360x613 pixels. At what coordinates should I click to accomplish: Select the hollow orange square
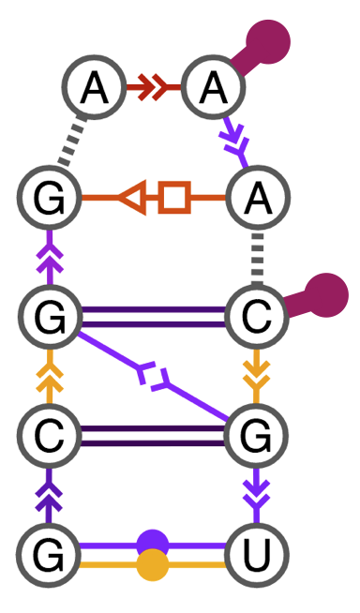tap(174, 200)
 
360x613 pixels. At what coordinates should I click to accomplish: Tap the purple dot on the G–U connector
tap(153, 544)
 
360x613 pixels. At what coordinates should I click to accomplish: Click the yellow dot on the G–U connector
tap(153, 566)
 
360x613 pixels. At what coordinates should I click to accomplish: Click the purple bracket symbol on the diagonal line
tap(153, 377)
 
